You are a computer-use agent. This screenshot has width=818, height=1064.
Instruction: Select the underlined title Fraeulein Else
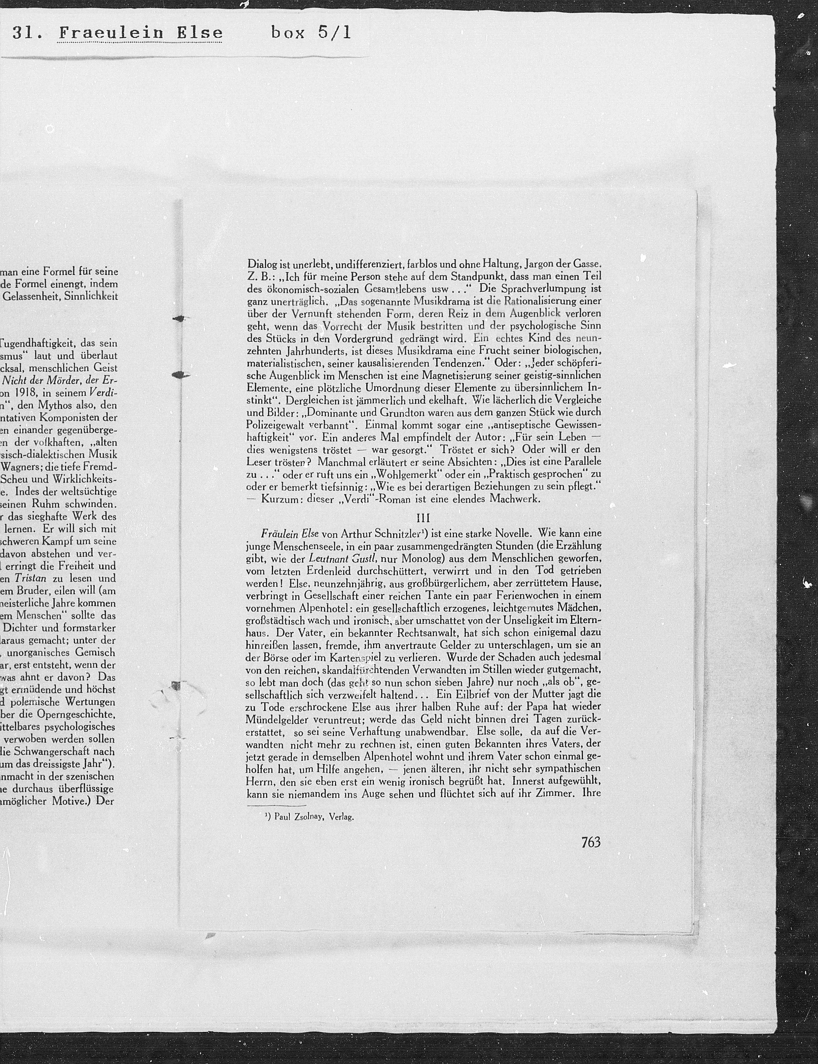pyautogui.click(x=140, y=33)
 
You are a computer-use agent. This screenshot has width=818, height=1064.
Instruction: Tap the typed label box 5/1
pyautogui.click(x=311, y=33)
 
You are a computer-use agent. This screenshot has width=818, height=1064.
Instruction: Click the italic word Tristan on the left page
pyautogui.click(x=30, y=579)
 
